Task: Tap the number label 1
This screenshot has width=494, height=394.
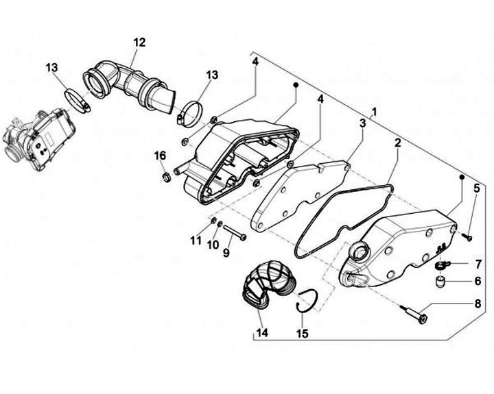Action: (x=374, y=111)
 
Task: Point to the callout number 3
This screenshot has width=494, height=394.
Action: (x=361, y=123)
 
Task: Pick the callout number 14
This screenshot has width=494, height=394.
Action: (x=261, y=334)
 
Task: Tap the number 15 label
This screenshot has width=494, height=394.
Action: (x=303, y=334)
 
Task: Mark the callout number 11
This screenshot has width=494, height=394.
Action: (x=197, y=241)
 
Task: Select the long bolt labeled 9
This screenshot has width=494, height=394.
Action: (x=234, y=232)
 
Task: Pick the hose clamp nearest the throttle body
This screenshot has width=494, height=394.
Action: (x=78, y=102)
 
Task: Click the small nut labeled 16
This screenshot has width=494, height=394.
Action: (x=165, y=179)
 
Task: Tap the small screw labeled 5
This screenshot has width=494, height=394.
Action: (x=466, y=237)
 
